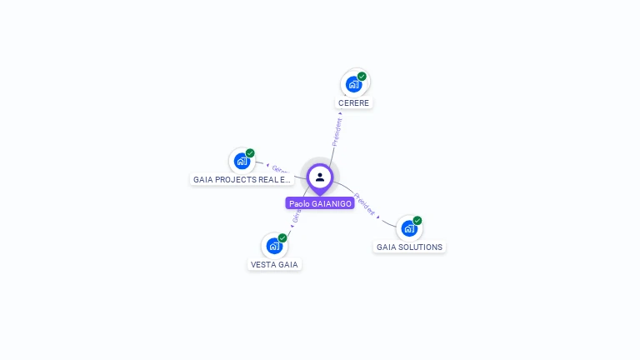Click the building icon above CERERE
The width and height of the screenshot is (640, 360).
(x=353, y=84)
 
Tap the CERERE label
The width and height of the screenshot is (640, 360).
(x=353, y=103)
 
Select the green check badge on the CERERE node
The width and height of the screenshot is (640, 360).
(x=362, y=77)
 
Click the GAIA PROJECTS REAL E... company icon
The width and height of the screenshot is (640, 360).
(x=242, y=161)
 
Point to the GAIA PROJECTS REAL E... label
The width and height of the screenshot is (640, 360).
(x=242, y=179)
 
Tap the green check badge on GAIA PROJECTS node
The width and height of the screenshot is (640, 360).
(x=250, y=153)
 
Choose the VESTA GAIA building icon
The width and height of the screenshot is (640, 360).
(x=273, y=246)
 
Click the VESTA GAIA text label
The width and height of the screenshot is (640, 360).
(x=274, y=265)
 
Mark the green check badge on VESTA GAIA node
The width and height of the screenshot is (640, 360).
(x=282, y=238)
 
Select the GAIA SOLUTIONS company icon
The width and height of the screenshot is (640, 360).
(x=408, y=228)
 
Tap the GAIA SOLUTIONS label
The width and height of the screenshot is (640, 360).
(x=409, y=247)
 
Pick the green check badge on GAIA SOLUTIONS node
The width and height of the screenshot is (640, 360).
(x=417, y=221)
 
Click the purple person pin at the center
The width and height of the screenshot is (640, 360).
(x=320, y=177)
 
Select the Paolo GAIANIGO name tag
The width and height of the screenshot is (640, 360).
(x=320, y=203)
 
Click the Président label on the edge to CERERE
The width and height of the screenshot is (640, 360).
(x=337, y=132)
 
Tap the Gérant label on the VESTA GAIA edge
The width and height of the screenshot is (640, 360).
(x=296, y=218)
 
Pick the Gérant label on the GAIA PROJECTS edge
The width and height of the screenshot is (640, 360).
(x=280, y=170)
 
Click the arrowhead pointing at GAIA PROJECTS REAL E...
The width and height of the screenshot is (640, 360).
(x=267, y=167)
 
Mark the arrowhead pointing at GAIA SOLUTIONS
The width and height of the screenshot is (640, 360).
(x=378, y=217)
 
